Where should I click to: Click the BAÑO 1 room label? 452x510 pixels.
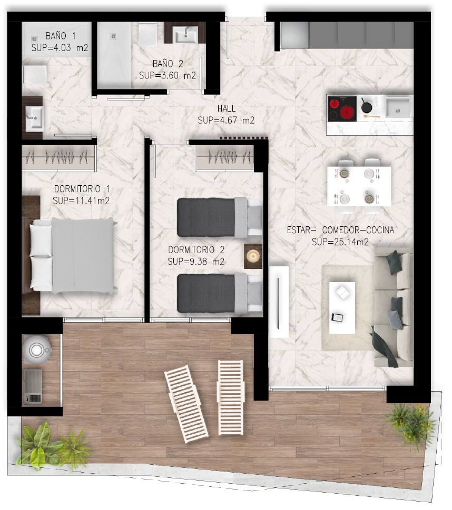coord(61,35)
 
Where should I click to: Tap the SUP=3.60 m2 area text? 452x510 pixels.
coord(168,76)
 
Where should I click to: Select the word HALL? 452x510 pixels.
coord(227,108)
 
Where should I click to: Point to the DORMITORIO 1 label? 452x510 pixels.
coord(82,188)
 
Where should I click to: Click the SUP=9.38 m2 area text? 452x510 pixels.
coord(196,262)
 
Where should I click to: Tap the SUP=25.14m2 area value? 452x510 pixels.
coord(340,242)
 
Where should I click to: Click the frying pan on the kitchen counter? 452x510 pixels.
coord(367,106)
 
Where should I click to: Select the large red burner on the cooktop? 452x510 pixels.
coord(348,113)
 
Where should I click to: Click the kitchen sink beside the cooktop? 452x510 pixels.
coord(398,107)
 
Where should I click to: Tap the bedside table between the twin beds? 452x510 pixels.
coord(253,256)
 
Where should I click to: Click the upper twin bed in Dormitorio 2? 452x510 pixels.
coord(220,217)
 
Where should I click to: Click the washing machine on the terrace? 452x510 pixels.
coord(36,349)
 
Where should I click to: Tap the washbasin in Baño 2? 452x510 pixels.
coord(185,35)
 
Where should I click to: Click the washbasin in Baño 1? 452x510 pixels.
coord(34,118)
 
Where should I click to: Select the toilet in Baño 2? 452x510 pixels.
coord(148,34)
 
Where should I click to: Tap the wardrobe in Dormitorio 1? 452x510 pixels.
coord(58,158)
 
